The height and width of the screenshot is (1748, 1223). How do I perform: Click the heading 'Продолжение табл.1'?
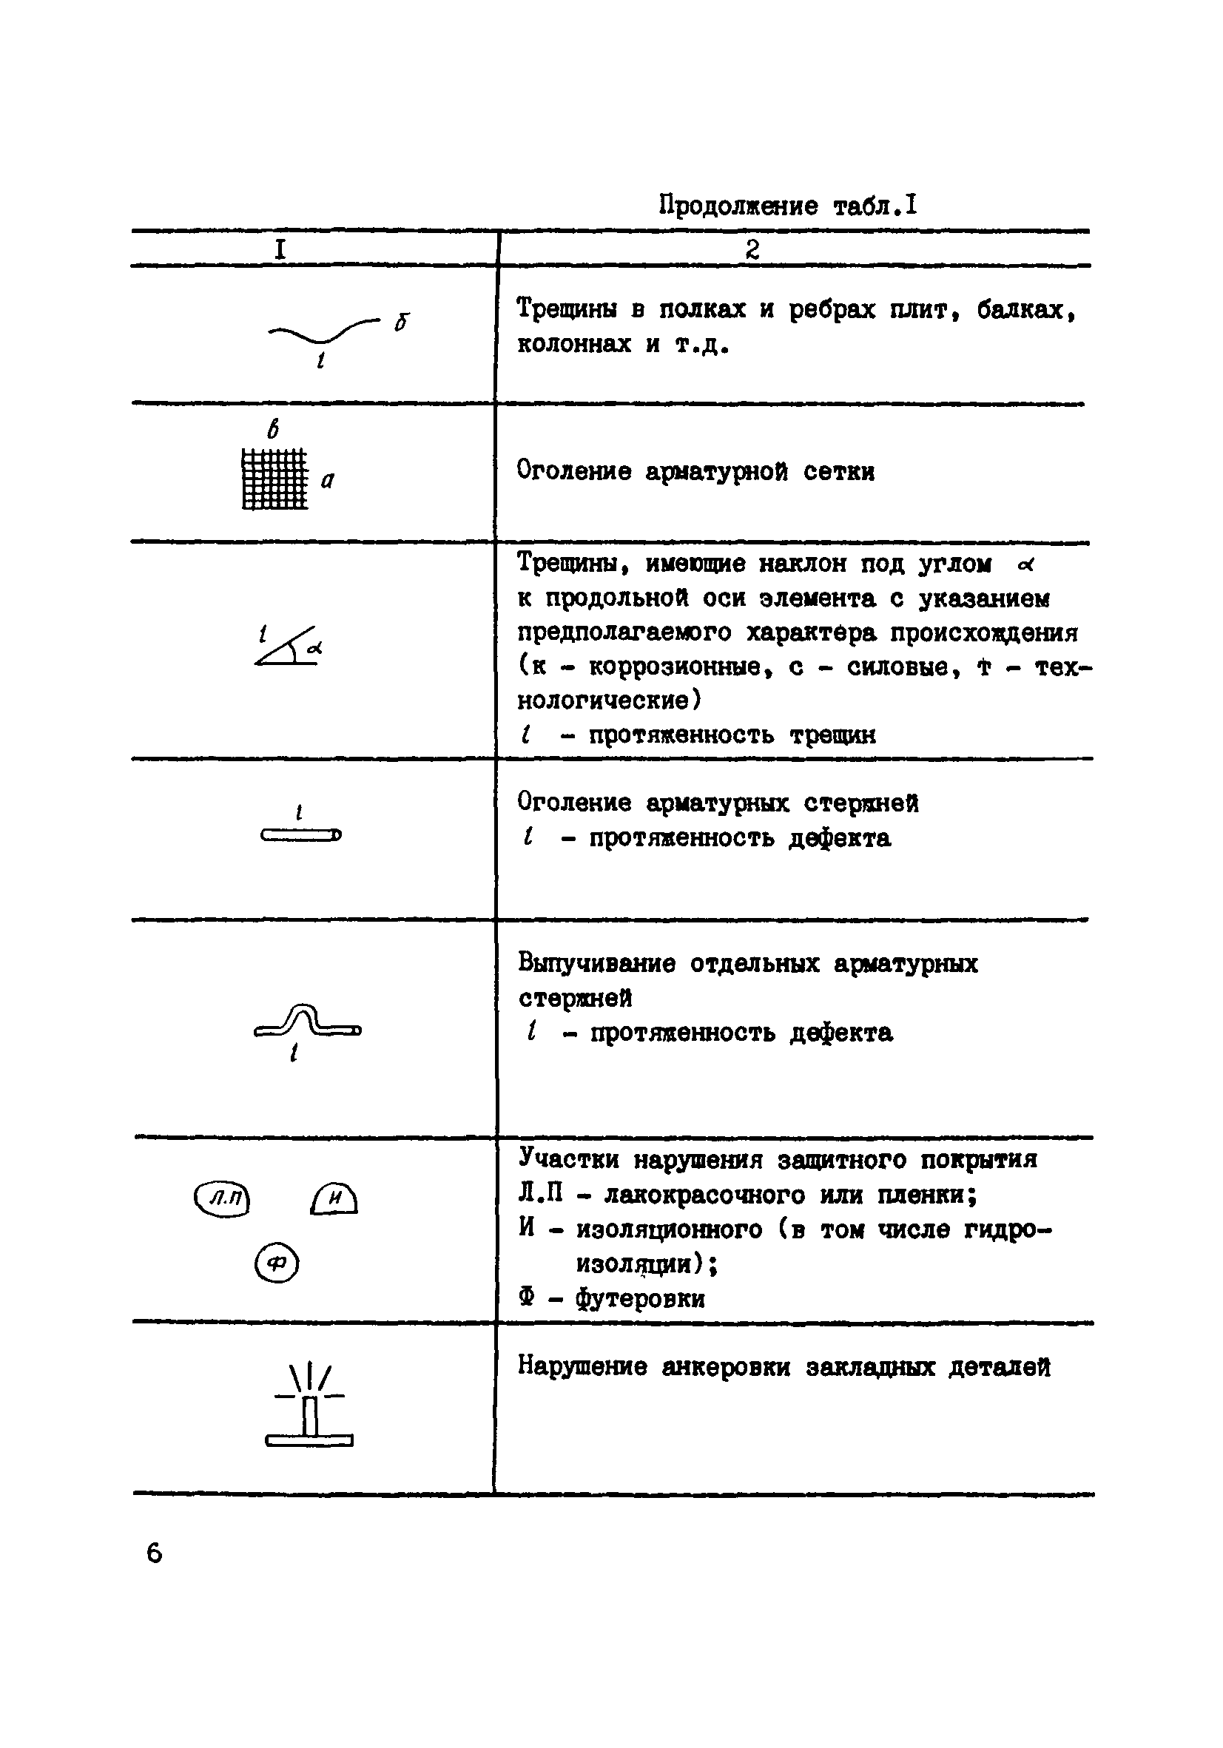click(787, 206)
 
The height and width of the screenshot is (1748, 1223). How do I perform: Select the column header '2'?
click(752, 250)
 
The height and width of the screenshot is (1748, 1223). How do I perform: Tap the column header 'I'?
click(280, 250)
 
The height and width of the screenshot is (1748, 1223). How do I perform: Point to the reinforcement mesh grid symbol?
click(275, 479)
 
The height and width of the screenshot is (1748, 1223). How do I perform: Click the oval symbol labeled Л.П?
click(223, 1199)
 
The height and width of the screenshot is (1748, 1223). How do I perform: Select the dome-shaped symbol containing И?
click(334, 1199)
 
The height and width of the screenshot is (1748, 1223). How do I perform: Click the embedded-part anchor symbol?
click(309, 1406)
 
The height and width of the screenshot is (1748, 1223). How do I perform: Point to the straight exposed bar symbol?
click(301, 835)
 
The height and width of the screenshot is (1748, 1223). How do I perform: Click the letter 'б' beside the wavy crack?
click(401, 321)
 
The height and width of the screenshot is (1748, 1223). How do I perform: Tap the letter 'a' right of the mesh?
click(328, 480)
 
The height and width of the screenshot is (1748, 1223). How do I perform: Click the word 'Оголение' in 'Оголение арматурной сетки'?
click(573, 470)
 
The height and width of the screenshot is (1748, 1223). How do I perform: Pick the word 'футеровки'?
click(640, 1297)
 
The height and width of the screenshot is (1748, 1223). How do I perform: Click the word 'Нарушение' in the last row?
click(582, 1366)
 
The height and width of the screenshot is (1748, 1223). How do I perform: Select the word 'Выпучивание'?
click(596, 963)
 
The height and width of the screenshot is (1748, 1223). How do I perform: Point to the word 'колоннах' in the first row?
click(574, 344)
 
